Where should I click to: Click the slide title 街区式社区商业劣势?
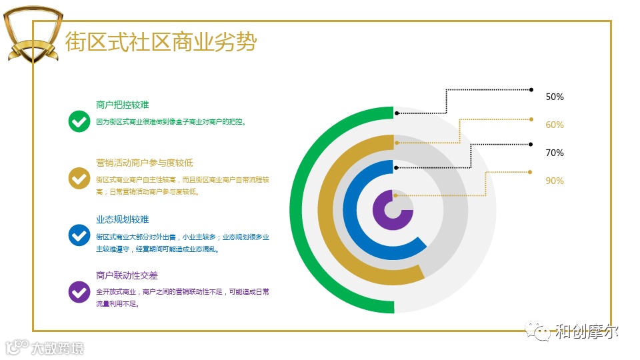tap(160, 42)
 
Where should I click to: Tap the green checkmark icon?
tap(79, 121)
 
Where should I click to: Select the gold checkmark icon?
tap(79, 178)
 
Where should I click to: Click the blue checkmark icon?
tap(79, 235)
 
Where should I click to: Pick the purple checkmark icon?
tap(79, 291)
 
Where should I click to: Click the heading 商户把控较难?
tap(122, 105)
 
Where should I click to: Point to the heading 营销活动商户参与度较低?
tap(145, 163)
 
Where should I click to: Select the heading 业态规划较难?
tap(122, 219)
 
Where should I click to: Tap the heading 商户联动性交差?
tap(127, 275)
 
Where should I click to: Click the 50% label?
tap(555, 97)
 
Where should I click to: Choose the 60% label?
tap(555, 125)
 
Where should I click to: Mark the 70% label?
tap(555, 153)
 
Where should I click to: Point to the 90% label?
tap(555, 181)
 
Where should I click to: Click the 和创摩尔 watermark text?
tap(587, 331)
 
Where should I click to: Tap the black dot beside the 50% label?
tap(531, 89)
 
